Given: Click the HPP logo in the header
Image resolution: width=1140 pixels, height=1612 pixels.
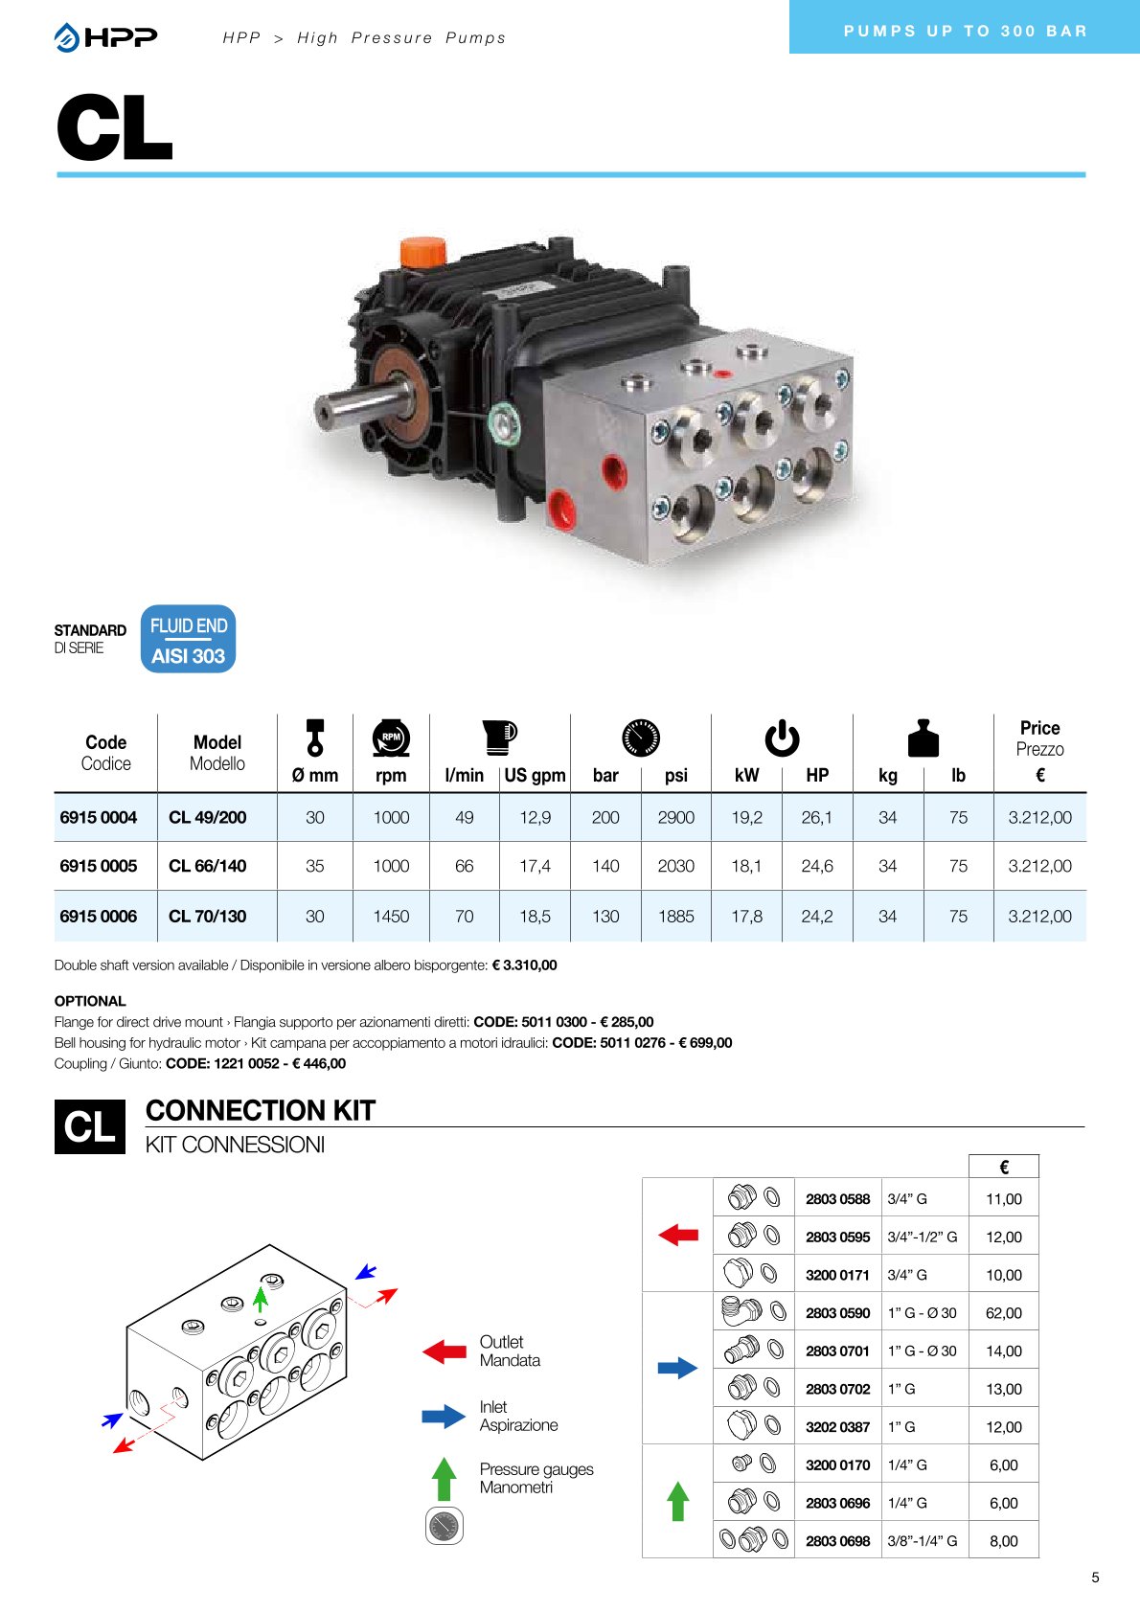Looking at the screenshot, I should pos(106,37).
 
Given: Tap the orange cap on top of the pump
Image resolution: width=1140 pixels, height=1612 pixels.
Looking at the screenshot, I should pos(422,252).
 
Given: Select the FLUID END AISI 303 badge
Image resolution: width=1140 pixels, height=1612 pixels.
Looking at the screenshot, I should pos(188,639).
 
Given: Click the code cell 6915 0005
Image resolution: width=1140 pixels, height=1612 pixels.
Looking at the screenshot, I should pos(99,866).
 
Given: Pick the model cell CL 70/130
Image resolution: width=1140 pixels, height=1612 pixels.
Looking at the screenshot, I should pos(207,916).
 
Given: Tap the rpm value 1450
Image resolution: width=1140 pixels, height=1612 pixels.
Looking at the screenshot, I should pos(391,916).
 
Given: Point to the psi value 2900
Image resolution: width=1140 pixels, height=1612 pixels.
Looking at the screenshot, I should pos(675,817).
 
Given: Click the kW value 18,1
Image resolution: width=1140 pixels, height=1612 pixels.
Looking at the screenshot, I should pos(746,866).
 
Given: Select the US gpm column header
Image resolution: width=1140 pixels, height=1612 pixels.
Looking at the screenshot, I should pos(535,775).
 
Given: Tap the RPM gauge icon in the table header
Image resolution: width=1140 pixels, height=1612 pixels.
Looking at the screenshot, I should pos(391,738).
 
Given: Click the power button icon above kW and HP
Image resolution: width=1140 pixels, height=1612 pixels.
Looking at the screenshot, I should pos(782,738).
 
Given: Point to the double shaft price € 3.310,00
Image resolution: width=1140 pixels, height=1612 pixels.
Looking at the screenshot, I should pos(524,965).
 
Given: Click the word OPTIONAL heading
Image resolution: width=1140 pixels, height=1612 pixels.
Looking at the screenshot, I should pos(90,1001).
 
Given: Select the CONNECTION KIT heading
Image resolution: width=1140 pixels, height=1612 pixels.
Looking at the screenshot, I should pos(261,1110).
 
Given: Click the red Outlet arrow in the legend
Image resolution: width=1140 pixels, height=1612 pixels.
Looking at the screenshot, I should pos(445,1351).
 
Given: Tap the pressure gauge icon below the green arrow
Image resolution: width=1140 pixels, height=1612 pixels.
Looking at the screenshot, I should pos(444,1526).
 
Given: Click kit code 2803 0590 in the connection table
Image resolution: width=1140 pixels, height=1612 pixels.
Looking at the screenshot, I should pos(837,1313).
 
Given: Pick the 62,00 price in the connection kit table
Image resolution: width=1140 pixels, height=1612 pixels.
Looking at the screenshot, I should pos(1003,1313).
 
